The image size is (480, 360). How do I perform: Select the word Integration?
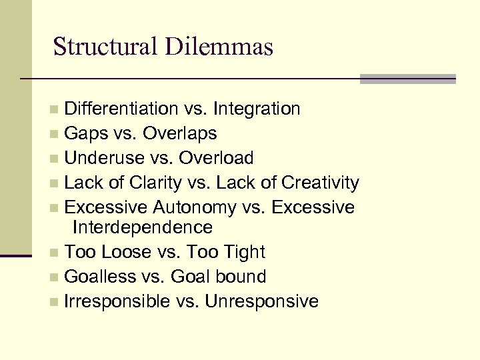point(257,109)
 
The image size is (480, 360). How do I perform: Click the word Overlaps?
point(179,133)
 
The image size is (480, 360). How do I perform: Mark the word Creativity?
point(321,183)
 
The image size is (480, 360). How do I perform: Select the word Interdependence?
point(142,227)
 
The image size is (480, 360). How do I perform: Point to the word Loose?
point(125,252)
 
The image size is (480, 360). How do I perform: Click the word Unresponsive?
point(262,301)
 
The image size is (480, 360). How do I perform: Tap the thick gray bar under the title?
point(407,79)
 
